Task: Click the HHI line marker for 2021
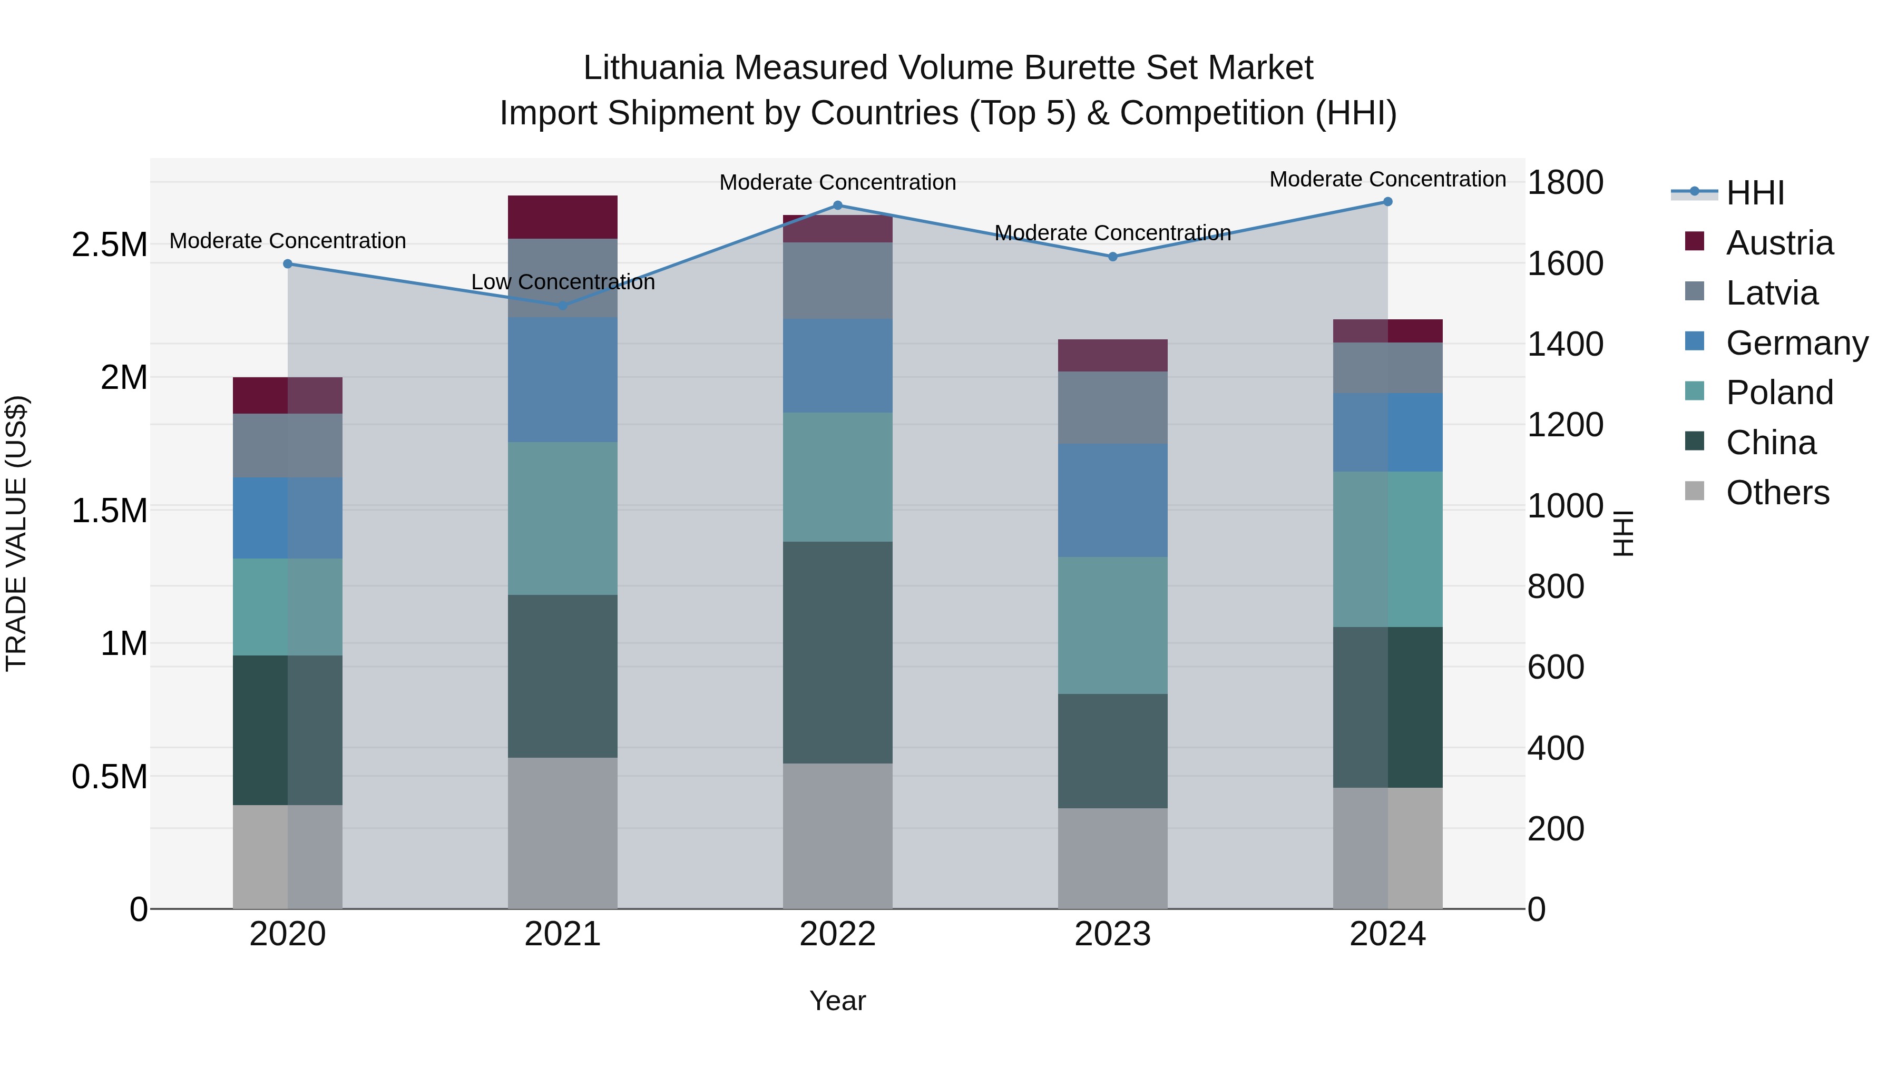tap(563, 305)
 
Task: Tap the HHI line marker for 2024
tap(1387, 202)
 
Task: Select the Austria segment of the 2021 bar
tap(563, 217)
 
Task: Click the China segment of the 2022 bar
tap(837, 652)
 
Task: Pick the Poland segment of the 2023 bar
tap(1113, 625)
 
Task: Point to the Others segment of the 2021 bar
tap(563, 833)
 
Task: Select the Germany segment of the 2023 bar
tap(1113, 500)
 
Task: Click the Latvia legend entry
tap(1771, 293)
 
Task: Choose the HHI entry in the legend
tap(1754, 193)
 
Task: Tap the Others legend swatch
tap(1695, 491)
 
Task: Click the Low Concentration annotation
tap(563, 282)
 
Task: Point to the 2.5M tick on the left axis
tap(109, 244)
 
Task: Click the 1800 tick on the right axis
tap(1565, 183)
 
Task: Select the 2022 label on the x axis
tap(837, 934)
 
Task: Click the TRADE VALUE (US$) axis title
tap(16, 533)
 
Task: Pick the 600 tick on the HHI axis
tap(1556, 667)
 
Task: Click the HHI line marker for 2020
tap(288, 263)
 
